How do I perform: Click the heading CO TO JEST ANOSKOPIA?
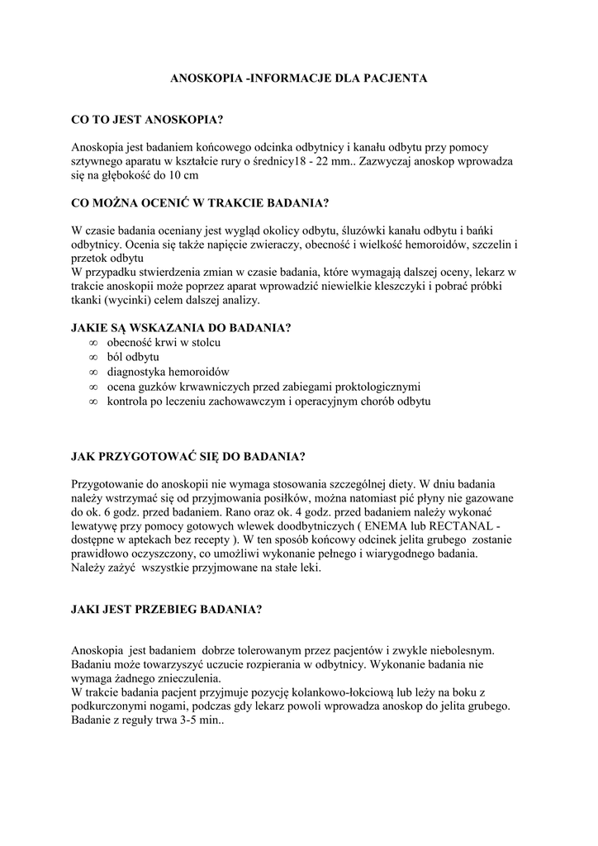(x=148, y=121)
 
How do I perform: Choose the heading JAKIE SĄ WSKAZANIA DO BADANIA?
(x=182, y=327)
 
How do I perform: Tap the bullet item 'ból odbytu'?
(x=133, y=357)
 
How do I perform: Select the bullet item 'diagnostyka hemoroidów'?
(x=168, y=372)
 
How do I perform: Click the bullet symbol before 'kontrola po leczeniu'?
(x=93, y=402)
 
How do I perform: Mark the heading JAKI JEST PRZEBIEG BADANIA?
(x=167, y=611)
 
